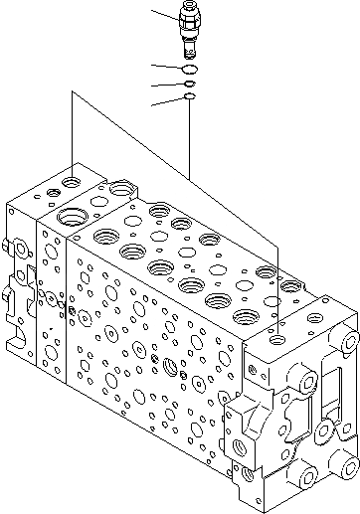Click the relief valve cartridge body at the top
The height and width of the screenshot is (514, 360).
click(x=189, y=30)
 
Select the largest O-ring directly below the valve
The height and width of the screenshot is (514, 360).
click(x=189, y=70)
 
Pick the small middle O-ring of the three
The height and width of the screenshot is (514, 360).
click(x=189, y=85)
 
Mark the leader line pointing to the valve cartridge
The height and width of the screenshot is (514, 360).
click(x=164, y=14)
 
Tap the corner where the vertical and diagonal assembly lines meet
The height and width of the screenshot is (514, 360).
click(x=73, y=91)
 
